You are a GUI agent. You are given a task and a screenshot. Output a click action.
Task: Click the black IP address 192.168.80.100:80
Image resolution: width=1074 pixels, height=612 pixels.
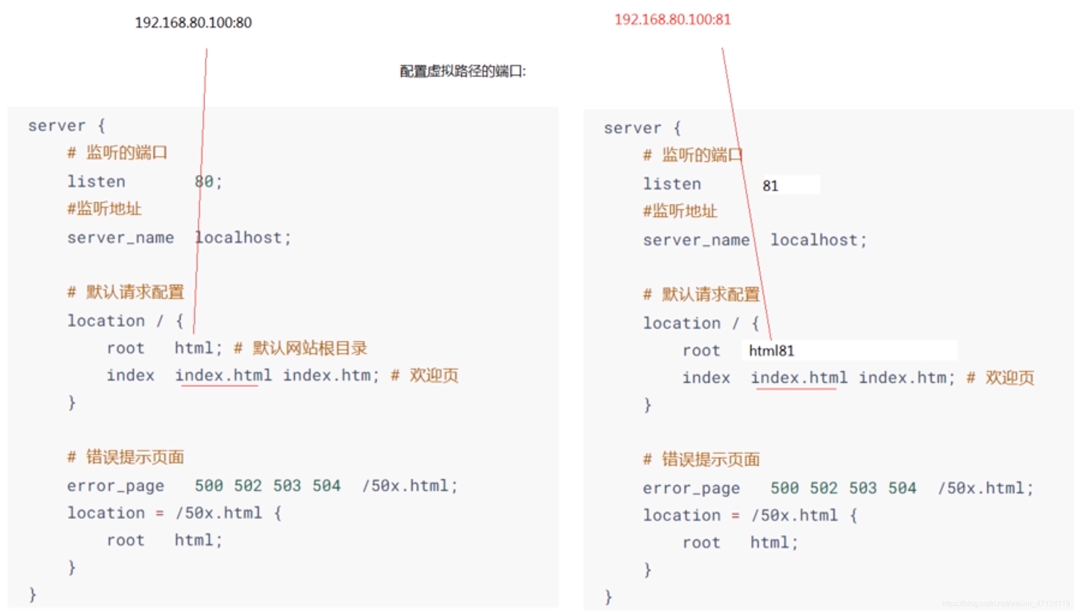tap(193, 23)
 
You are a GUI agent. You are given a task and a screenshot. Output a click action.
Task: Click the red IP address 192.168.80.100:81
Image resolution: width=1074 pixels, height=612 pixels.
tap(672, 20)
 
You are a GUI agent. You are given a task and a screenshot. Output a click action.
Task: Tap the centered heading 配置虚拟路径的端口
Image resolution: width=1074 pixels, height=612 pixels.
tap(462, 71)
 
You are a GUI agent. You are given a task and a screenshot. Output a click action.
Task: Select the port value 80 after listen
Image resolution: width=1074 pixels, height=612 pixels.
tap(204, 181)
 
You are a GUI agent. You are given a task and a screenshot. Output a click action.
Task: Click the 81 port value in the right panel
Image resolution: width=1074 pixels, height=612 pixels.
tap(770, 186)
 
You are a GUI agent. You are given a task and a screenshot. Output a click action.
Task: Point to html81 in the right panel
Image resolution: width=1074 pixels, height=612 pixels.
tap(771, 351)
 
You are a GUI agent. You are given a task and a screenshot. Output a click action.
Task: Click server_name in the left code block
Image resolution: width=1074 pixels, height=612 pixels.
tap(120, 238)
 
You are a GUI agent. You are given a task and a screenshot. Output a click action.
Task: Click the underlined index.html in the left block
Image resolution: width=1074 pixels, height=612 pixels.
tap(223, 376)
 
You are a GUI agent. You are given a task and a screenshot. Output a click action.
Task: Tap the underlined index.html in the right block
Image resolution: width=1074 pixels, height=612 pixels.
tap(799, 378)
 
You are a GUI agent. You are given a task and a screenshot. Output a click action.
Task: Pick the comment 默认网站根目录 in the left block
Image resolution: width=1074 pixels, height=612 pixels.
tap(310, 348)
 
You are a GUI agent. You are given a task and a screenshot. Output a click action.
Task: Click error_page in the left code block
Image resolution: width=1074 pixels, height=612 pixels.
tap(116, 486)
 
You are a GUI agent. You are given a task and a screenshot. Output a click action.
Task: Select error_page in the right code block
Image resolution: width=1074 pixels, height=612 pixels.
tap(691, 488)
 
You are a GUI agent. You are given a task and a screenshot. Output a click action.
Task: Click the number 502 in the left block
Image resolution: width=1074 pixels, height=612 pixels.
tap(248, 486)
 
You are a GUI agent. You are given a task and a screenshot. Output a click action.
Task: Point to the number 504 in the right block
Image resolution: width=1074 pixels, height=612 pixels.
tap(902, 488)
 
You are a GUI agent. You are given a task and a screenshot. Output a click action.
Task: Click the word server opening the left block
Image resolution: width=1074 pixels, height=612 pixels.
tap(57, 126)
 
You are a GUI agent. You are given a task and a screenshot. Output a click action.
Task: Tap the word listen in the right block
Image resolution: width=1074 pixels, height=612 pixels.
tap(672, 184)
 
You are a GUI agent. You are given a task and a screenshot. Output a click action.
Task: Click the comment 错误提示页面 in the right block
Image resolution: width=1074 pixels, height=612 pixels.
tap(711, 460)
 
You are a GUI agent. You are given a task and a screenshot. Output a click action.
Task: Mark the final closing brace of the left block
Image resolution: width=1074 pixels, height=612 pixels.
tap(32, 595)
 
